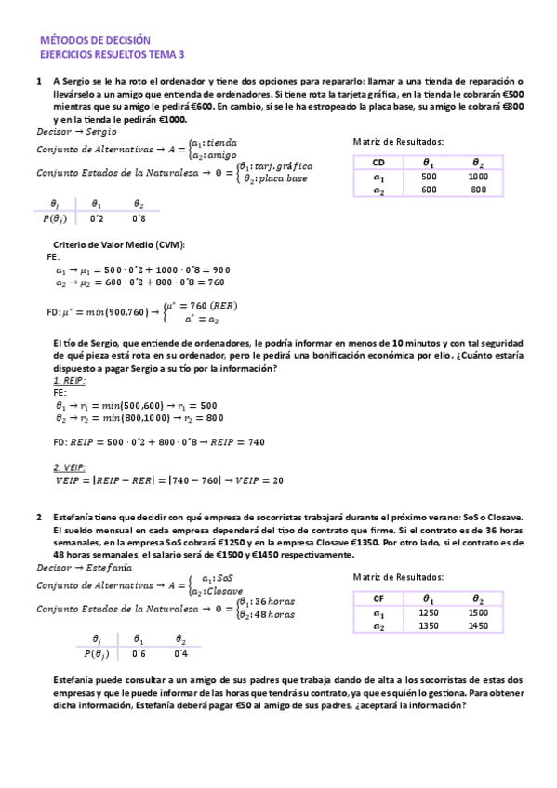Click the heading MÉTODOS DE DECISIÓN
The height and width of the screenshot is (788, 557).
point(95,41)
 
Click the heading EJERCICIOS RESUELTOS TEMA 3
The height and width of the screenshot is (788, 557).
point(113,55)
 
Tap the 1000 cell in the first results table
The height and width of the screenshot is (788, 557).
point(478,177)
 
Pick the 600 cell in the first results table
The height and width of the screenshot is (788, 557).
point(429,190)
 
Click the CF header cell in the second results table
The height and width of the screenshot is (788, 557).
point(378,599)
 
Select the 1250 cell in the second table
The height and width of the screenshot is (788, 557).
point(429,614)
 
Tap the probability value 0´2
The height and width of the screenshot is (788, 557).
point(97,218)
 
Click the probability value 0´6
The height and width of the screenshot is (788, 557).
point(139,654)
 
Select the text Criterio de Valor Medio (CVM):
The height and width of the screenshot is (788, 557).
point(120,244)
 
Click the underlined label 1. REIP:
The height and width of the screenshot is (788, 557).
point(70,381)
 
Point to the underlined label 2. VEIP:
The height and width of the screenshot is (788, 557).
point(70,466)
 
